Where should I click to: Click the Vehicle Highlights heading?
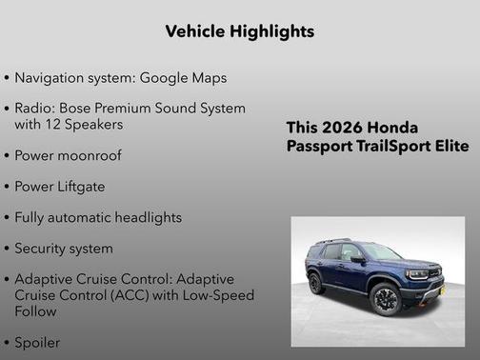click(x=239, y=31)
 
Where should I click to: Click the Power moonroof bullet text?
click(x=68, y=155)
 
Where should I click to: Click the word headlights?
click(x=143, y=217)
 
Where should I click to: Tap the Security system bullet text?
click(x=63, y=249)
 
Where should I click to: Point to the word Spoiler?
click(x=37, y=341)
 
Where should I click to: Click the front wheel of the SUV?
click(x=386, y=298)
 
